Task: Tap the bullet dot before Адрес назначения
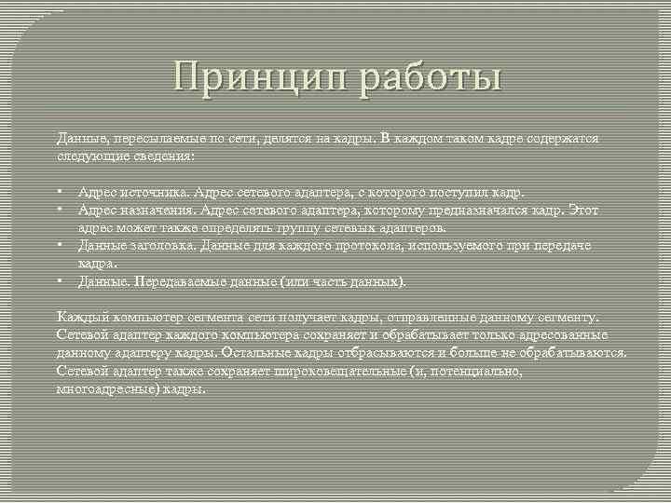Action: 59,210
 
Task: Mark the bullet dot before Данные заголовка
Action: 59,245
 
